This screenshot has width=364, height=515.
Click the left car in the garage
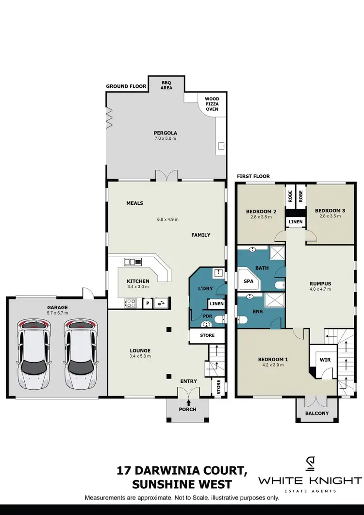pos(33,353)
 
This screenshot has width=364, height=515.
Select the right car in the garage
pos(80,353)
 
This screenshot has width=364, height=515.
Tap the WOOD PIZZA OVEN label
pos(212,104)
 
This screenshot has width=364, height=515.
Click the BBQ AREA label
pos(166,85)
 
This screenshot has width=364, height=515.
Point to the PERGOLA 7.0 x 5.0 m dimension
pos(165,139)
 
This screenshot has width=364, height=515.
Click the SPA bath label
pos(248,281)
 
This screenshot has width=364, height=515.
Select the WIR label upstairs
pos(325,360)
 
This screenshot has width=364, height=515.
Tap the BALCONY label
pos(316,414)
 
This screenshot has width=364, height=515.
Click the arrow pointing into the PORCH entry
pos(188,401)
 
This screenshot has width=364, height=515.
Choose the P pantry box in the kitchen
pos(147,303)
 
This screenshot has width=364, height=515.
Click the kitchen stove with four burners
pos(131,303)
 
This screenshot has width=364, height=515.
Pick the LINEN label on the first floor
pos(296,222)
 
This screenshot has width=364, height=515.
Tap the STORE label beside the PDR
pos(207,335)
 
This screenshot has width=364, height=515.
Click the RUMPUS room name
pos(320,285)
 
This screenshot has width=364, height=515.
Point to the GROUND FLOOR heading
pos(126,86)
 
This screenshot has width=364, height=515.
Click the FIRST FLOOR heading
pos(253,176)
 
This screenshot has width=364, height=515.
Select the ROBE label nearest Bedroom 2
pos(289,196)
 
